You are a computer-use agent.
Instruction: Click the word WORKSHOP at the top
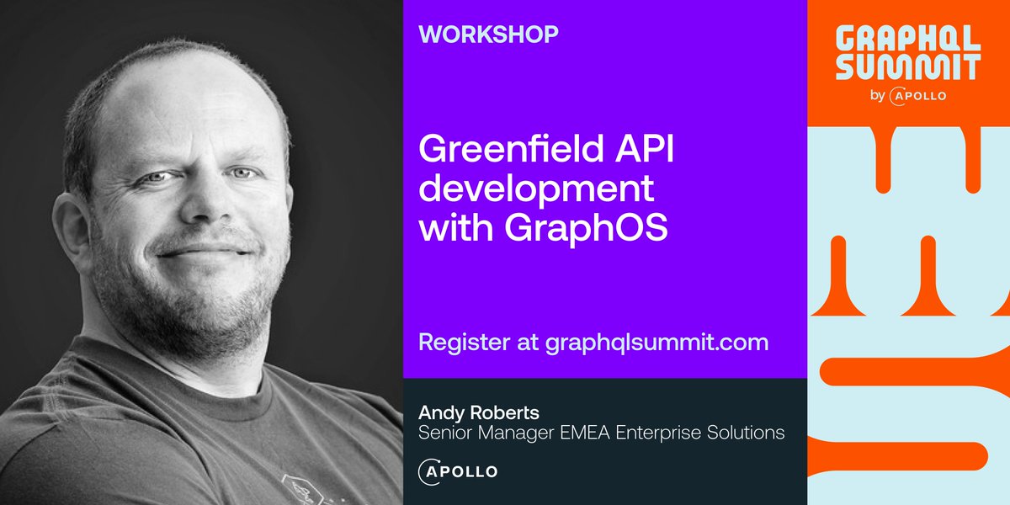[488, 35]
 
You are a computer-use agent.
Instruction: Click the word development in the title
[536, 190]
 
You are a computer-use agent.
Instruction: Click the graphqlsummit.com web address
[656, 343]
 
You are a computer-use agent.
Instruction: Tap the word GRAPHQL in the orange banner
[907, 38]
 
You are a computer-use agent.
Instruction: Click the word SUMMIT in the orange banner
[907, 67]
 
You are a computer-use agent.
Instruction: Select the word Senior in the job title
[444, 433]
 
